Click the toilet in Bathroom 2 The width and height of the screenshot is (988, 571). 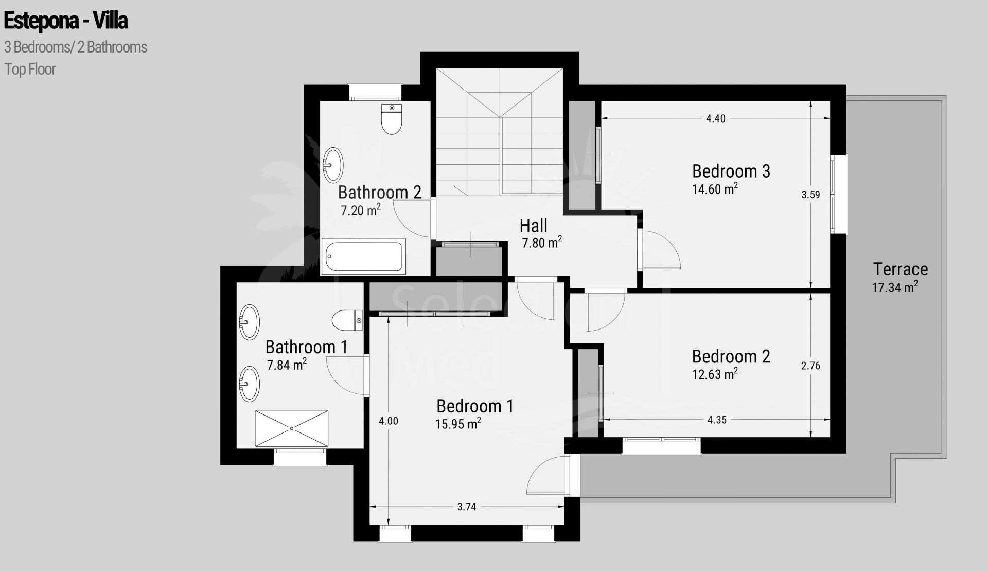pos(392,119)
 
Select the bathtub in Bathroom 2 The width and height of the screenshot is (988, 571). pos(364,256)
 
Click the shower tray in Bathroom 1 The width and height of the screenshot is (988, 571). pos(291,428)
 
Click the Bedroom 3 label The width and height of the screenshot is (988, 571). pos(731,171)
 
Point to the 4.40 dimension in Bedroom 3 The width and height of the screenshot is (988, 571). pos(715,118)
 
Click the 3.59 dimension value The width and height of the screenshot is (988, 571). pos(810,195)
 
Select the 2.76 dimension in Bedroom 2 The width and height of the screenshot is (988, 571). pos(810,366)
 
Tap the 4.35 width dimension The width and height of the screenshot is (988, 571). pos(717,420)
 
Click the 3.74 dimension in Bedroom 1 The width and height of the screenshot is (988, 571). pos(466,507)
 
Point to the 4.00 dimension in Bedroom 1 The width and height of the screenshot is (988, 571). pos(389,421)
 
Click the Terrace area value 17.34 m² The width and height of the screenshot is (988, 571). pos(895,287)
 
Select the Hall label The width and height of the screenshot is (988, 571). pos(533,226)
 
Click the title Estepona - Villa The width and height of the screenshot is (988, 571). pos(66,21)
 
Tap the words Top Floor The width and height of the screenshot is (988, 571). pos(30,69)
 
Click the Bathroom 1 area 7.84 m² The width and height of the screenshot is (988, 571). pos(287,365)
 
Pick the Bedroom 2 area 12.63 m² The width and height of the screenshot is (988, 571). pos(715,374)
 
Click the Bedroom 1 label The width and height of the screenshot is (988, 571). pos(474,406)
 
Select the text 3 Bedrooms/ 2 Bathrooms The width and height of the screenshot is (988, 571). pos(76,47)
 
